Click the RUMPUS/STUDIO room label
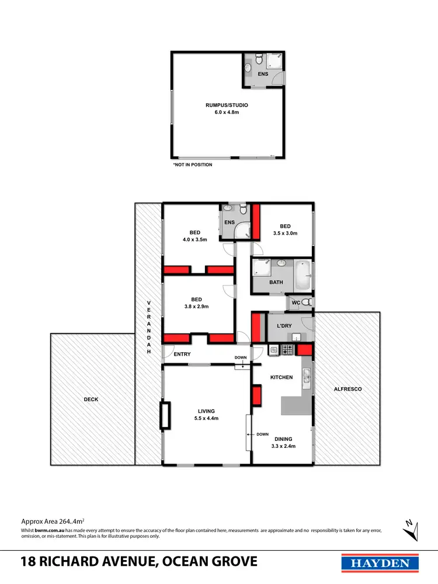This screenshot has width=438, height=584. click(227, 105)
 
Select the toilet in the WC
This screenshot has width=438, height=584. click(308, 303)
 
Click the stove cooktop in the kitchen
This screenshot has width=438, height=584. click(287, 350)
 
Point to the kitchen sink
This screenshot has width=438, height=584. click(305, 379)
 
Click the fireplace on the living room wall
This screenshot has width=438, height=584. click(166, 415)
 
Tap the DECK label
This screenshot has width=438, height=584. click(91, 399)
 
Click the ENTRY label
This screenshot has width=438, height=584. click(182, 354)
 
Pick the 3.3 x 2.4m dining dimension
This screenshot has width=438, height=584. click(284, 446)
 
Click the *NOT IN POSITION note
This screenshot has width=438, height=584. click(193, 165)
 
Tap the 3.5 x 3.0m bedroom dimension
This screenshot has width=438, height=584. click(285, 234)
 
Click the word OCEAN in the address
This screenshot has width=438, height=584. click(186, 562)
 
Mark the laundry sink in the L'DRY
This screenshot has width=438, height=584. click(296, 337)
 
